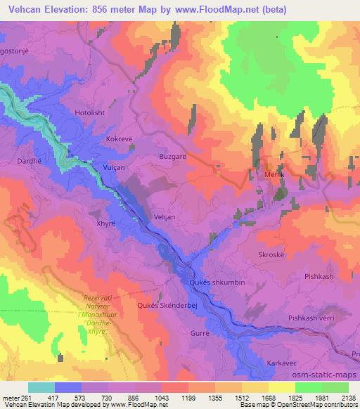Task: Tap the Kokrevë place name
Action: point(120,139)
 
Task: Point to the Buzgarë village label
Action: point(173,157)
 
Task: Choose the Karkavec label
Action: point(284,364)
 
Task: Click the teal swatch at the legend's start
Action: point(41,387)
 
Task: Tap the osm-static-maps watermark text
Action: point(323,375)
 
